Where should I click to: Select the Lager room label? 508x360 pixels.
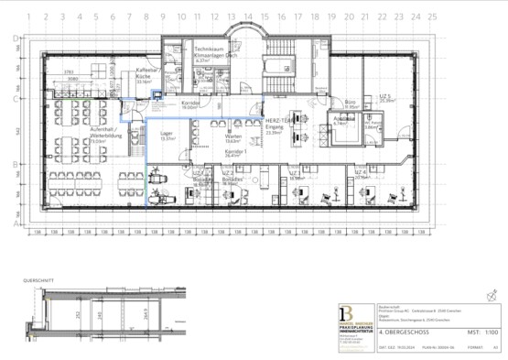point(167,136)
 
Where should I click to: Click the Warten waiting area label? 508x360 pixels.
point(232,136)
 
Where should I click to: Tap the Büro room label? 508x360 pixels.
point(350,103)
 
